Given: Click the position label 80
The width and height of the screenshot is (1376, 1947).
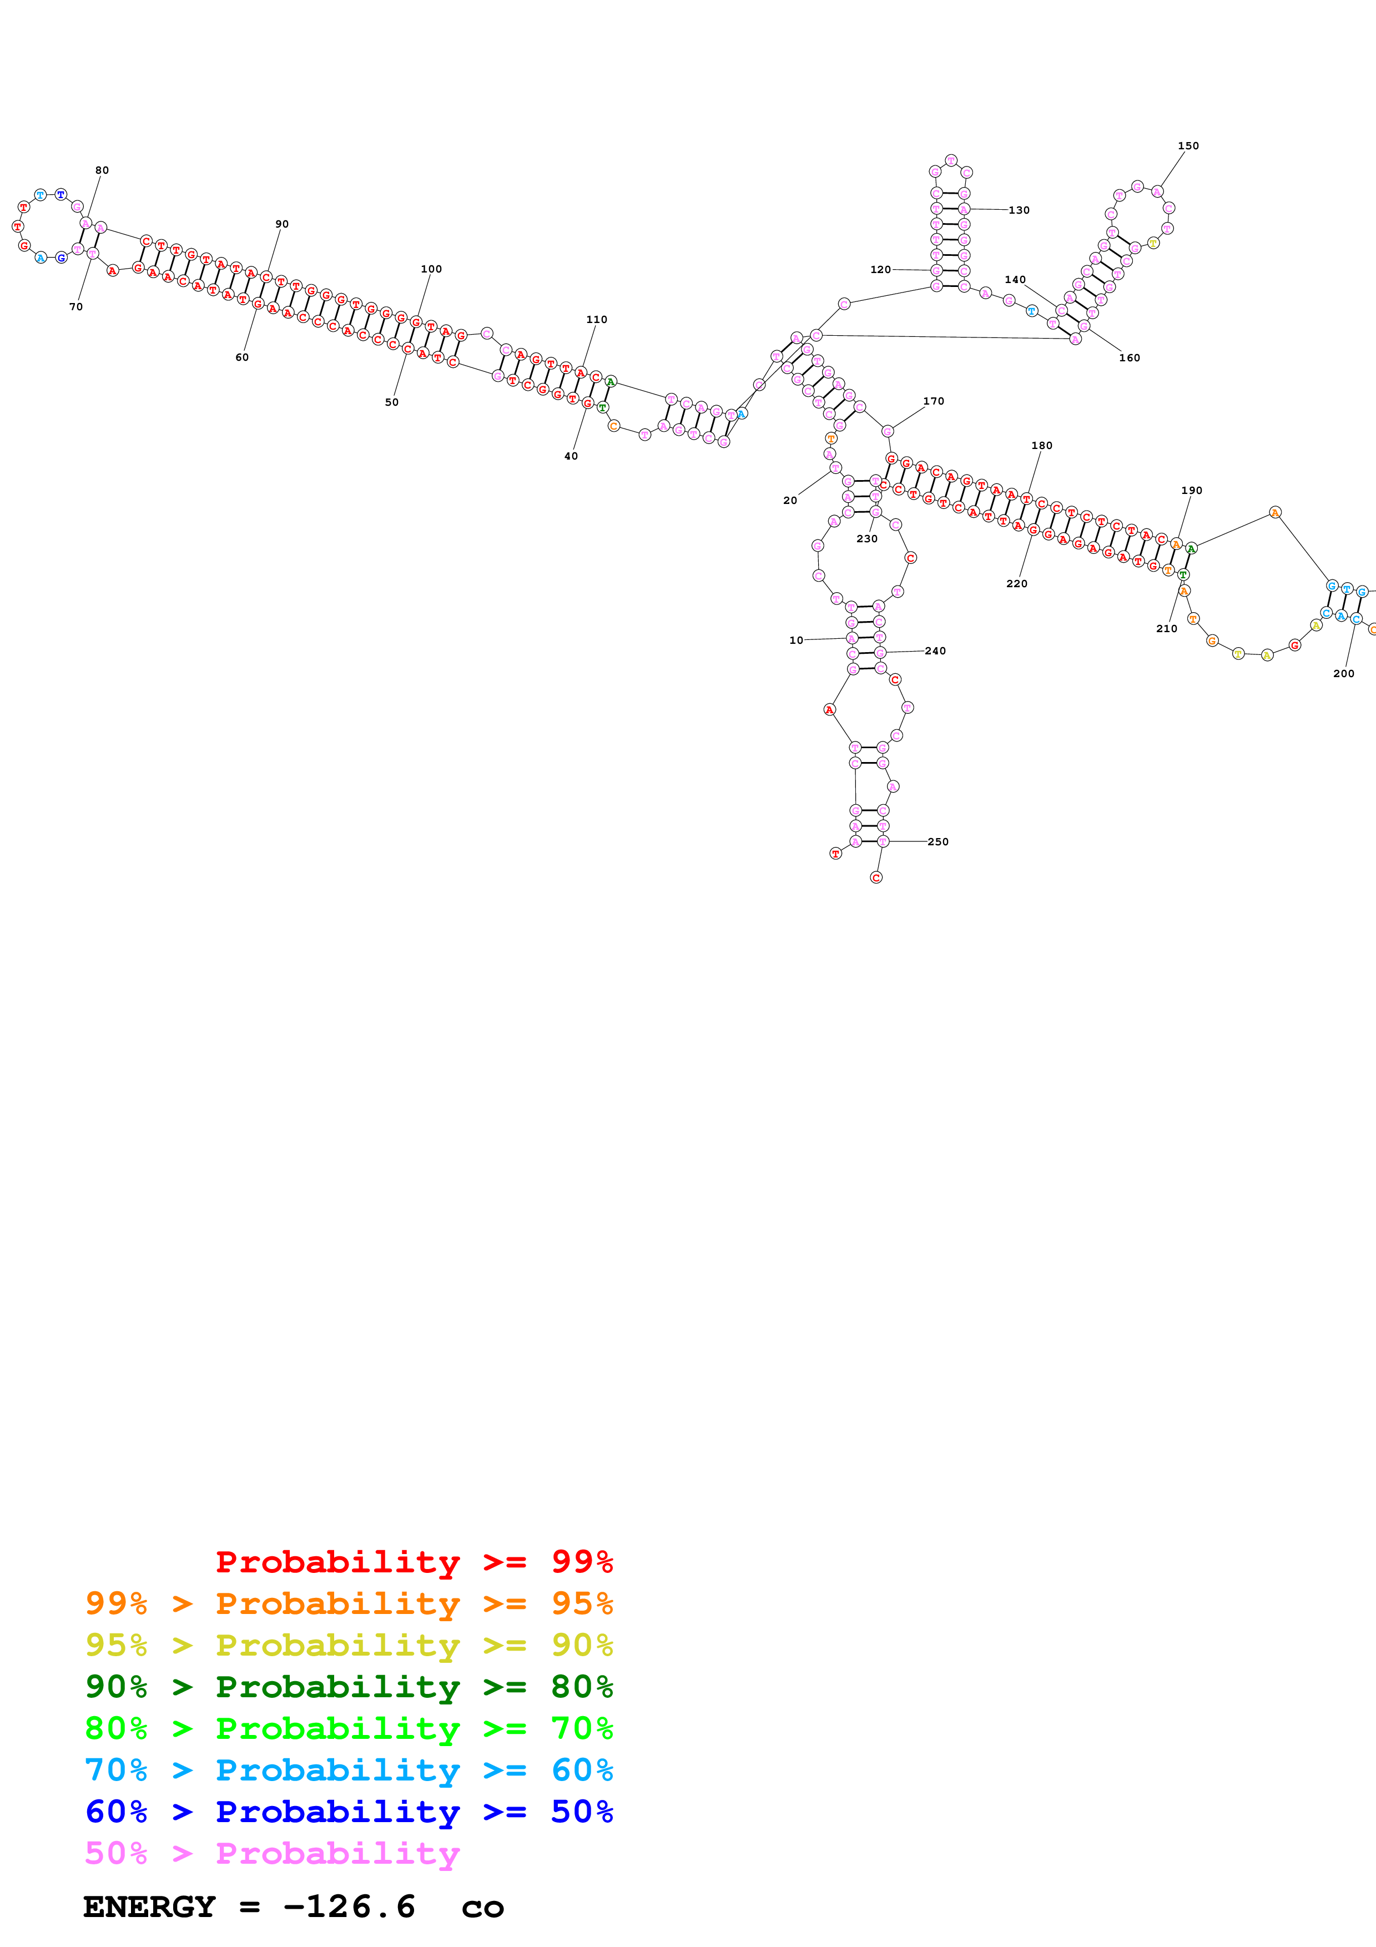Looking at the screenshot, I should [102, 170].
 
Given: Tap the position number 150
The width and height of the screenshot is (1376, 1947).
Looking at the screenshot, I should [1188, 146].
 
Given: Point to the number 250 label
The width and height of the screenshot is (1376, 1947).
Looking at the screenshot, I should [938, 842].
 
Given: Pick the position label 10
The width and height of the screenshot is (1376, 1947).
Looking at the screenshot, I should [796, 641].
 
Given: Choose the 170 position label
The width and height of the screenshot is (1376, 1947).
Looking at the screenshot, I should [934, 401].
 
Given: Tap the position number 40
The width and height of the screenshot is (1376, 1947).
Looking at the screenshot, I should [571, 456].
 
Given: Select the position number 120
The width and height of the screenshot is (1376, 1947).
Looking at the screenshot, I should [881, 270].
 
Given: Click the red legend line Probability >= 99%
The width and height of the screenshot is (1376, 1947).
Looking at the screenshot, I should [414, 1562].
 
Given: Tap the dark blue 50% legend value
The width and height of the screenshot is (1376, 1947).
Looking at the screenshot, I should [582, 1812].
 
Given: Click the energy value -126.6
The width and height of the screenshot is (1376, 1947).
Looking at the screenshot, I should [349, 1907].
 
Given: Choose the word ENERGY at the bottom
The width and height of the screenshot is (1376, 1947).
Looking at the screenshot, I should [149, 1907].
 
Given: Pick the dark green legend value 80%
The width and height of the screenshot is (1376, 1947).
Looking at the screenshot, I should [582, 1687].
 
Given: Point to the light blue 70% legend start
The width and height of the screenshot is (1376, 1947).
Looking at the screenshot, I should [116, 1771].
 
